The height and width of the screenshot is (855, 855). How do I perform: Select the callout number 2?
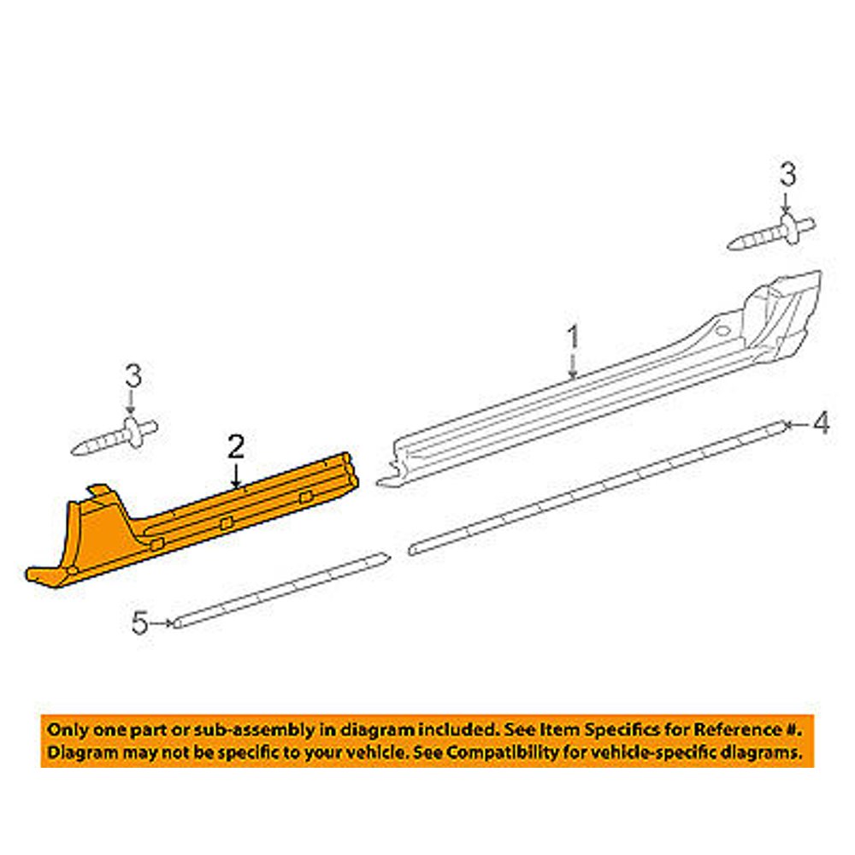236,446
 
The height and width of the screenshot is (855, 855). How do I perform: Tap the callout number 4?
821,422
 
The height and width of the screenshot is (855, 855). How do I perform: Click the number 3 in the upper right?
787,176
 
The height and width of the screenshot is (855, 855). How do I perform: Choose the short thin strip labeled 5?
282,590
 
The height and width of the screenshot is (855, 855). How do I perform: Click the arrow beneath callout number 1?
574,367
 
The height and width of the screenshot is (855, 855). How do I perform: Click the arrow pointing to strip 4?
798,423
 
